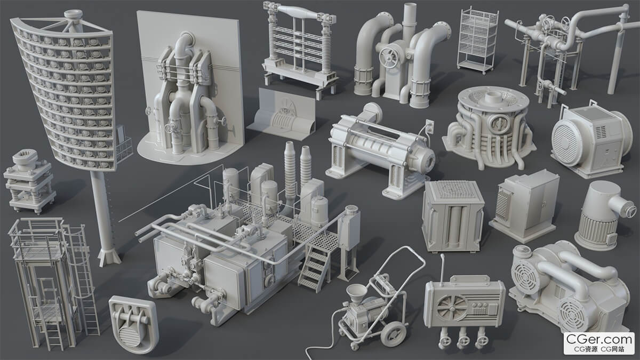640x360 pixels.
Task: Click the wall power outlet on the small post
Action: [x=429, y=126]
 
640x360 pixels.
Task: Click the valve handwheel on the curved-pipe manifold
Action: [x=388, y=58]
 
